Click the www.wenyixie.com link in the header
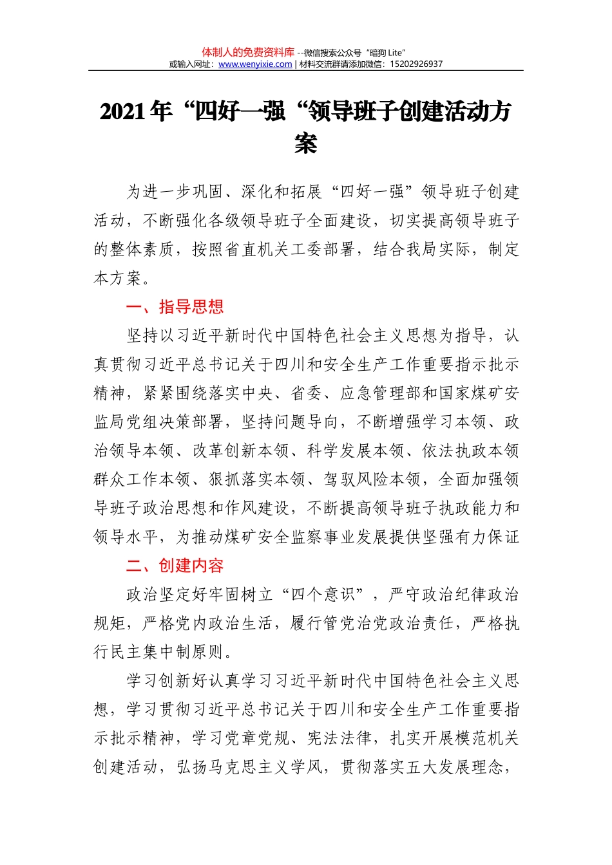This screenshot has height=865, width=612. (x=255, y=64)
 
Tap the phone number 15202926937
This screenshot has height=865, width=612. (x=416, y=64)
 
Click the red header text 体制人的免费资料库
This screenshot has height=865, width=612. (x=248, y=52)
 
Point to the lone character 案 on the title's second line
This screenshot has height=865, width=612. (x=305, y=143)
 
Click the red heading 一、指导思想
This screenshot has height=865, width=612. (x=175, y=307)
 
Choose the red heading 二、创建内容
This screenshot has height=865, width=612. (x=175, y=566)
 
